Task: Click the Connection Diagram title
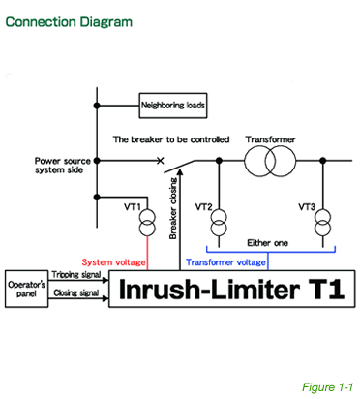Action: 67,21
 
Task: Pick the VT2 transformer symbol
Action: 216,226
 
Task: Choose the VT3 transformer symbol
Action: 319,226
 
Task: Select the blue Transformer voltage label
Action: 225,262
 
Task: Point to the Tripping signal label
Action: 75,275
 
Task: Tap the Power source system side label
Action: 63,165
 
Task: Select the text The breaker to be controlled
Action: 171,139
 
